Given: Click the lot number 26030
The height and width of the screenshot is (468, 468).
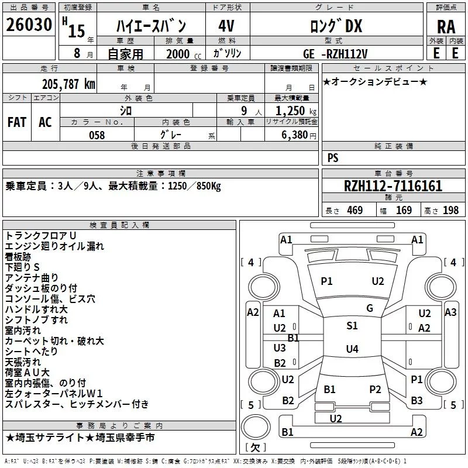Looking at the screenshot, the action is pyautogui.click(x=29, y=25).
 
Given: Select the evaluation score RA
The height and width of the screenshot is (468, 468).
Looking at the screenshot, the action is pyautogui.click(x=446, y=26).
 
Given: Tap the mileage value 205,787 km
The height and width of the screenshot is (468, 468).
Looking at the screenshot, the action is pyautogui.click(x=68, y=84).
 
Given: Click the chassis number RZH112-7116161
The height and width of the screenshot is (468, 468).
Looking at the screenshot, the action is pyautogui.click(x=393, y=187).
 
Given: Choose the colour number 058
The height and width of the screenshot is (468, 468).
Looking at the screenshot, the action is pyautogui.click(x=97, y=135).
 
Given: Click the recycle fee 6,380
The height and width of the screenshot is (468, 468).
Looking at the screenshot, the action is pyautogui.click(x=295, y=135).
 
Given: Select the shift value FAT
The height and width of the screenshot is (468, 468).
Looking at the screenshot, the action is pyautogui.click(x=17, y=122).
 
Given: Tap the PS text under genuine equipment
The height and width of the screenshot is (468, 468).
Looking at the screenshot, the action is pyautogui.click(x=333, y=158).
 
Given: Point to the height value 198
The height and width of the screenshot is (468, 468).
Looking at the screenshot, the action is pyautogui.click(x=450, y=211).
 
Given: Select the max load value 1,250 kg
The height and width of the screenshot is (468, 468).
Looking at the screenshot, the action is pyautogui.click(x=291, y=111).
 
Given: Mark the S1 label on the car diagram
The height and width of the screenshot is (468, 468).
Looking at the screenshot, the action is pyautogui.click(x=352, y=326).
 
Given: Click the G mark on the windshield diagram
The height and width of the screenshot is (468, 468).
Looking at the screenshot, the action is pyautogui.click(x=370, y=308).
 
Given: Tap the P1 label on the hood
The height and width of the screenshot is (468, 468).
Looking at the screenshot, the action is pyautogui.click(x=326, y=281).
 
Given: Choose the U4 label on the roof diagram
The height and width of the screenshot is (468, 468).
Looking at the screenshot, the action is pyautogui.click(x=352, y=349).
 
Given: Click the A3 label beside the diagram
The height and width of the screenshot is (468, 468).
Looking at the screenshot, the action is pyautogui.click(x=450, y=312).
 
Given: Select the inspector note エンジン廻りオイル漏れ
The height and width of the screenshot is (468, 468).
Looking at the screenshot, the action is pyautogui.click(x=54, y=246).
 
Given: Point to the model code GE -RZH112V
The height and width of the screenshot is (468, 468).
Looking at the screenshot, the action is pyautogui.click(x=336, y=54).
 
